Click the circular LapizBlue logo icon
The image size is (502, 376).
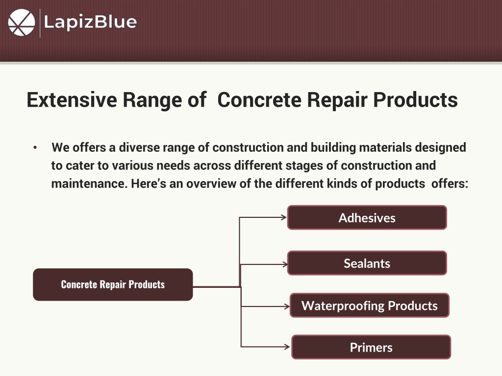tap(22, 23)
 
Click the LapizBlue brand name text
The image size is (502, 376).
tap(90, 23)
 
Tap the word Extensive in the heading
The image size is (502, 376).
tap(72, 99)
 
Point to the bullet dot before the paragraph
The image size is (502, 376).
tap(35, 147)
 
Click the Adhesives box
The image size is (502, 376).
tap(367, 217)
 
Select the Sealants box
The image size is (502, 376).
tap(367, 263)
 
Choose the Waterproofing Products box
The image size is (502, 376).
tap(370, 305)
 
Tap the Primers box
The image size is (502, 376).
tap(371, 347)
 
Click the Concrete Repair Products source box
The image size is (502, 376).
tap(113, 284)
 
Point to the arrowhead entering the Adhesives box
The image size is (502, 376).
tap(284, 217)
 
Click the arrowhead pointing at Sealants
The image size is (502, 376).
tap(285, 264)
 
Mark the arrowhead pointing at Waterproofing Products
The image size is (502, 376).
tap(286, 306)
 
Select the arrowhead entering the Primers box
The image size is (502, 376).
tap(287, 347)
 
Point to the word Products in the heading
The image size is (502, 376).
tap(416, 99)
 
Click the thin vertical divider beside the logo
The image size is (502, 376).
tap(40, 23)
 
